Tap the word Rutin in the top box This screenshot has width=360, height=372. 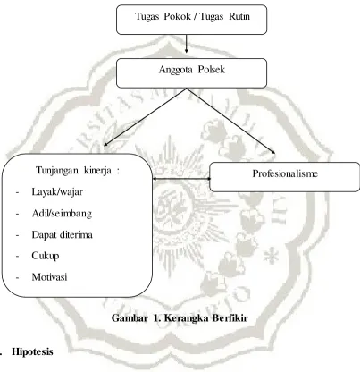pos(239,16)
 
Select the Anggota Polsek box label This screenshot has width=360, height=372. pos(192,70)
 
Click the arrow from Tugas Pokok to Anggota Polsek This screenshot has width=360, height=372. pos(187,44)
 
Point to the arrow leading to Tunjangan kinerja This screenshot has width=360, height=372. pos(145,116)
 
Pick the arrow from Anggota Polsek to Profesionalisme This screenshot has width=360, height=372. pos(230,121)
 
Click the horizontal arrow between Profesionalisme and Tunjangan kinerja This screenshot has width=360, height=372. pos(181,179)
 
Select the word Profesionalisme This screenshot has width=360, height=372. pos(285,173)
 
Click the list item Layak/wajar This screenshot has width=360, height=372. pos(57,192)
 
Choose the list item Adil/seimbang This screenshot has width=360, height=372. pos(62,214)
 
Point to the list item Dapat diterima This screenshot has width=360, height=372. pos(62,235)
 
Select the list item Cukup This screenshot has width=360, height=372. pos(46,256)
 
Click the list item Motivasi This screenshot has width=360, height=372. pos(49,277)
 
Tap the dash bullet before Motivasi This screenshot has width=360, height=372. pos(17,278)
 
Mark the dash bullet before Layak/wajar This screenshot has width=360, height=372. pos(17,192)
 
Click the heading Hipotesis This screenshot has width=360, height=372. pos(32,351)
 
